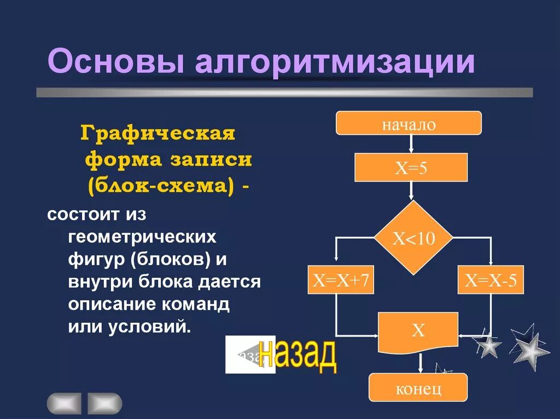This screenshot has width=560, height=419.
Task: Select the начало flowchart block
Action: coord(408,123)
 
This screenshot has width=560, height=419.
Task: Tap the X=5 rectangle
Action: coord(411,167)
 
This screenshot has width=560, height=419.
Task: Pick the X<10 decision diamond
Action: coord(413,238)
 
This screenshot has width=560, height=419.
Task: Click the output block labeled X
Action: coord(418,331)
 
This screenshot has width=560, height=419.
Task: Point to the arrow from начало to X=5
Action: coord(411,144)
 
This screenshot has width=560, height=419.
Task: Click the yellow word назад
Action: coord(299,356)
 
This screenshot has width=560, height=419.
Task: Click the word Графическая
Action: coord(157,133)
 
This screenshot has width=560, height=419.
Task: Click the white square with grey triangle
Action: coord(250,355)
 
